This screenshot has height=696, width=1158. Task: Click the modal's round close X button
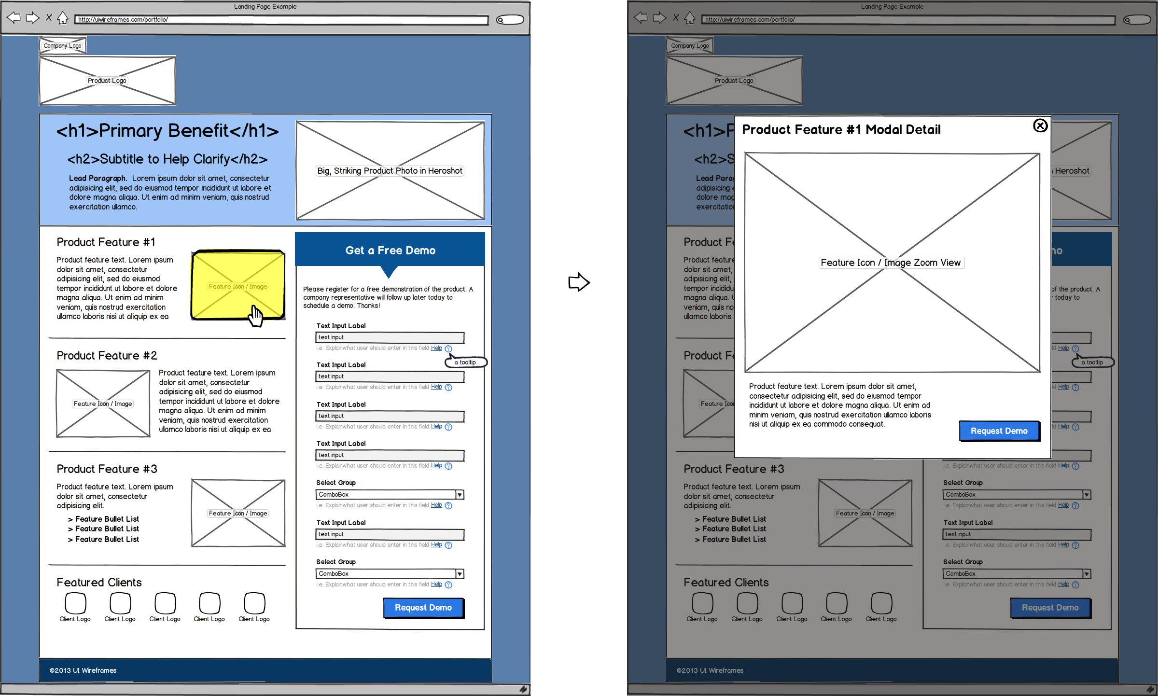coord(1040,126)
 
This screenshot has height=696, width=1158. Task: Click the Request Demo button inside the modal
coord(999,431)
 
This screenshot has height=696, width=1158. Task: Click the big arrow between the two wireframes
coord(579,282)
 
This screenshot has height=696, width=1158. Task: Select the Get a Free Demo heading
coord(390,251)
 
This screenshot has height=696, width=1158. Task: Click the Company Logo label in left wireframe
coord(62,46)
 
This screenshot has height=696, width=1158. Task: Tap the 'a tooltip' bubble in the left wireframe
coord(466,362)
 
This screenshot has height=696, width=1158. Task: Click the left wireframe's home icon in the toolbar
coord(63,18)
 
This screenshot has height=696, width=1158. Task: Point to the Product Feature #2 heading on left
coord(107,356)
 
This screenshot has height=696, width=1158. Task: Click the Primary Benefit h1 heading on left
coord(167,131)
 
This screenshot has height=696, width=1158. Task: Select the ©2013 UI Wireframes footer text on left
coord(83,670)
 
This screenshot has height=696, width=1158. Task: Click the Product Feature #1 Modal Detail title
coord(841,129)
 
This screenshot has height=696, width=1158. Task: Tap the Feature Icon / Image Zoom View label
coord(891,263)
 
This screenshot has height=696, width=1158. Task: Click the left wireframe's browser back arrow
coord(14,18)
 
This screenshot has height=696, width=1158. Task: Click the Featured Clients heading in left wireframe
coord(99,583)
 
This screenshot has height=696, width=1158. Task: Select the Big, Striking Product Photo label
coord(390,171)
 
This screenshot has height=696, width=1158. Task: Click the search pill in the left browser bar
coord(510,20)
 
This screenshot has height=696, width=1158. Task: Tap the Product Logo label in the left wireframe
coord(107,81)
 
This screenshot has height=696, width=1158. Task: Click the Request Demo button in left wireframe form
coord(423,608)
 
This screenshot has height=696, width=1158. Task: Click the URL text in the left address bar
coord(123,20)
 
